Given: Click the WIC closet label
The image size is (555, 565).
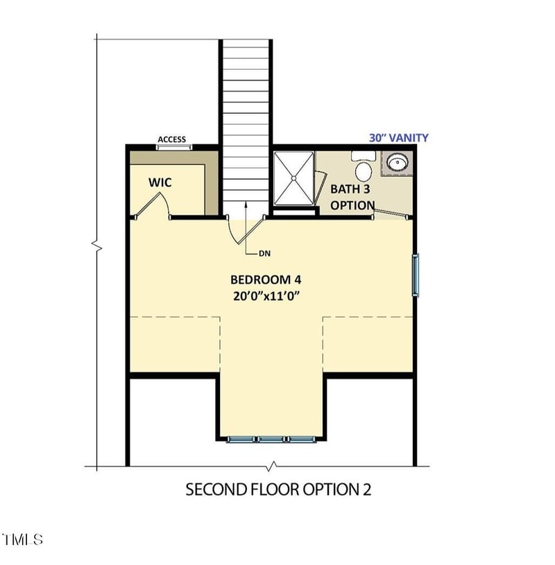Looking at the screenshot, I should [x=160, y=183].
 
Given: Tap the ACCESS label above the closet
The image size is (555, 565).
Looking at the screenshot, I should [x=171, y=139].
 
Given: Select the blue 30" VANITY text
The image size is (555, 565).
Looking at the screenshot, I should [x=398, y=138].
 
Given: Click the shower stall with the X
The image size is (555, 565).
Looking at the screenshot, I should [x=294, y=178].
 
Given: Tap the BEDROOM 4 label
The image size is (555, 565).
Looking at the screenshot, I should [x=266, y=279].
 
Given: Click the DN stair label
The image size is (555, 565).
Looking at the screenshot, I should [x=264, y=254].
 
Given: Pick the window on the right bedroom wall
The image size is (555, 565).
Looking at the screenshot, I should [x=416, y=276].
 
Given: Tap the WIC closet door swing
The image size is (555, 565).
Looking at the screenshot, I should [x=154, y=204].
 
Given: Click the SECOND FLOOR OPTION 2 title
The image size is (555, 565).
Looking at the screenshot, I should [x=278, y=489].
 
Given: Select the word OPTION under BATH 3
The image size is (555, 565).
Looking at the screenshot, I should [x=352, y=205].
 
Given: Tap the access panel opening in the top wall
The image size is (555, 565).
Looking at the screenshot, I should [x=172, y=146].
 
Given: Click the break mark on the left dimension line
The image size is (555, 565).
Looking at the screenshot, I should [x=97, y=246].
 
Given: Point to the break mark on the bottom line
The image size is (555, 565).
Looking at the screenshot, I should [x=273, y=465].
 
